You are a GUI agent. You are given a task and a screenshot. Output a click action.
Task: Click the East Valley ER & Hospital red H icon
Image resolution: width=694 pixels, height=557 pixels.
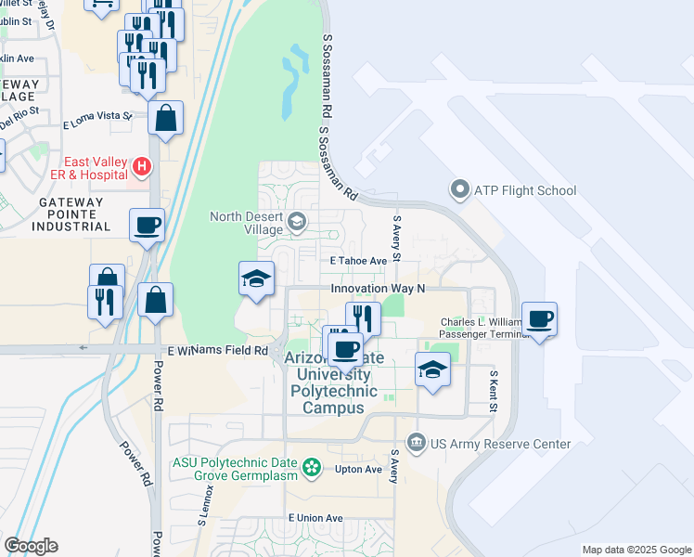tap(142, 167)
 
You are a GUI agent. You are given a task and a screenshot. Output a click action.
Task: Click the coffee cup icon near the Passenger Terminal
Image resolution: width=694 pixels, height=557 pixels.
tap(539, 319)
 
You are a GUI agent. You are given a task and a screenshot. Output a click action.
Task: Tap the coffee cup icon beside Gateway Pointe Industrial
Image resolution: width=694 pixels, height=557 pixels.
tap(148, 224)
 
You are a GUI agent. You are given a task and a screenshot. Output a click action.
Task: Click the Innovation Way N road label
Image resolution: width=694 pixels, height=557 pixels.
tap(378, 289)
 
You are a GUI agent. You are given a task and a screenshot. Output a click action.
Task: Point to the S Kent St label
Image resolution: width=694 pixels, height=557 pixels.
tap(494, 390)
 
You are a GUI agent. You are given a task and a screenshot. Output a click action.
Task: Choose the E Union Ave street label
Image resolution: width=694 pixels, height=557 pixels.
tap(315, 518)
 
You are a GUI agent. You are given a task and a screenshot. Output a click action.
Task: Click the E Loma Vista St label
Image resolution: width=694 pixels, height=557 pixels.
tap(97, 120)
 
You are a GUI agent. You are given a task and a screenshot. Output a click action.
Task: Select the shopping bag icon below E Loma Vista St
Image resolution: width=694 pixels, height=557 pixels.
tap(165, 118)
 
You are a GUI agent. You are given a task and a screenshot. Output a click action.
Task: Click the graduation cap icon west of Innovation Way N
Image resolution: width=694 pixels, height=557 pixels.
tap(256, 278)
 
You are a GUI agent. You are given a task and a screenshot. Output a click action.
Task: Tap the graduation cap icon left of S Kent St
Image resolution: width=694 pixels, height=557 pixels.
tap(432, 369)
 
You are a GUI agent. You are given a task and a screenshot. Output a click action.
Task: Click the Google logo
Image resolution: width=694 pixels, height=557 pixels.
tap(31, 546)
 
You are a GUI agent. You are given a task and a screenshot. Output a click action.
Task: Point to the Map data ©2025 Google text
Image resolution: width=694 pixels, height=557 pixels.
tap(636, 550)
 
